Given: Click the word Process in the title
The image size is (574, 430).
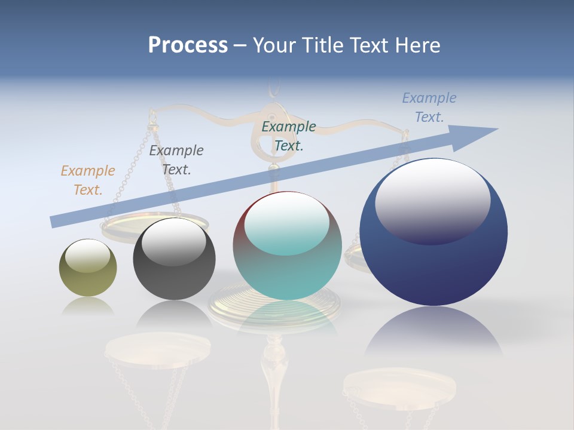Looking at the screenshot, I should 188,45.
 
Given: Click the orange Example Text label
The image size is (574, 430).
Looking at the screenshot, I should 88,180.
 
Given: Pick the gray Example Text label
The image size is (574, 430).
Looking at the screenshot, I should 176,159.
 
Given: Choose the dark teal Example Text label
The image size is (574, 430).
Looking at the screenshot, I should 289,136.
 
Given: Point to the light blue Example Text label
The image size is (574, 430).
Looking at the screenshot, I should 429,107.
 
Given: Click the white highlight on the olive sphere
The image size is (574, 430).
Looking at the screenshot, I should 88,256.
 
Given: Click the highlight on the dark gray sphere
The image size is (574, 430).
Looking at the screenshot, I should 173,242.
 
